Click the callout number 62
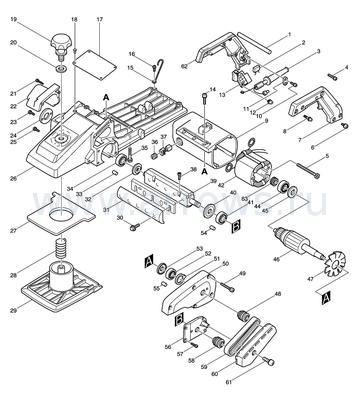pyautogui.click(x=185, y=66)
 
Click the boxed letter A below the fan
pyautogui.click(x=326, y=298)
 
